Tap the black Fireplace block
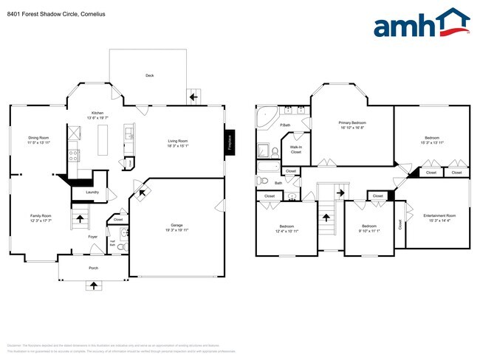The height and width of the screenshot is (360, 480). coord(229,141)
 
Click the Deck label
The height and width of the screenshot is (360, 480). coord(149,75)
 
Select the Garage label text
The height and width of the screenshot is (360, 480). coord(177,225)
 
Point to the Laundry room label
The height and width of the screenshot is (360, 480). coord(92,193)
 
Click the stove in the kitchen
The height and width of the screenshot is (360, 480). coord(74,156)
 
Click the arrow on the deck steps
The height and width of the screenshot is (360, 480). coord(195,96)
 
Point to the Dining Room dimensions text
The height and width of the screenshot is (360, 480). coord(38,142)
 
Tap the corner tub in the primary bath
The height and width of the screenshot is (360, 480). coord(265,117)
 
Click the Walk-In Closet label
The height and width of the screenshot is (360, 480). coord(295,149)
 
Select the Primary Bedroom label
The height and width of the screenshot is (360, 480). coord(352,122)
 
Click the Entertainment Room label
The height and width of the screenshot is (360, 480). coord(439,215)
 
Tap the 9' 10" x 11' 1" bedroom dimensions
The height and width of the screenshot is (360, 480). coord(369,231)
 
